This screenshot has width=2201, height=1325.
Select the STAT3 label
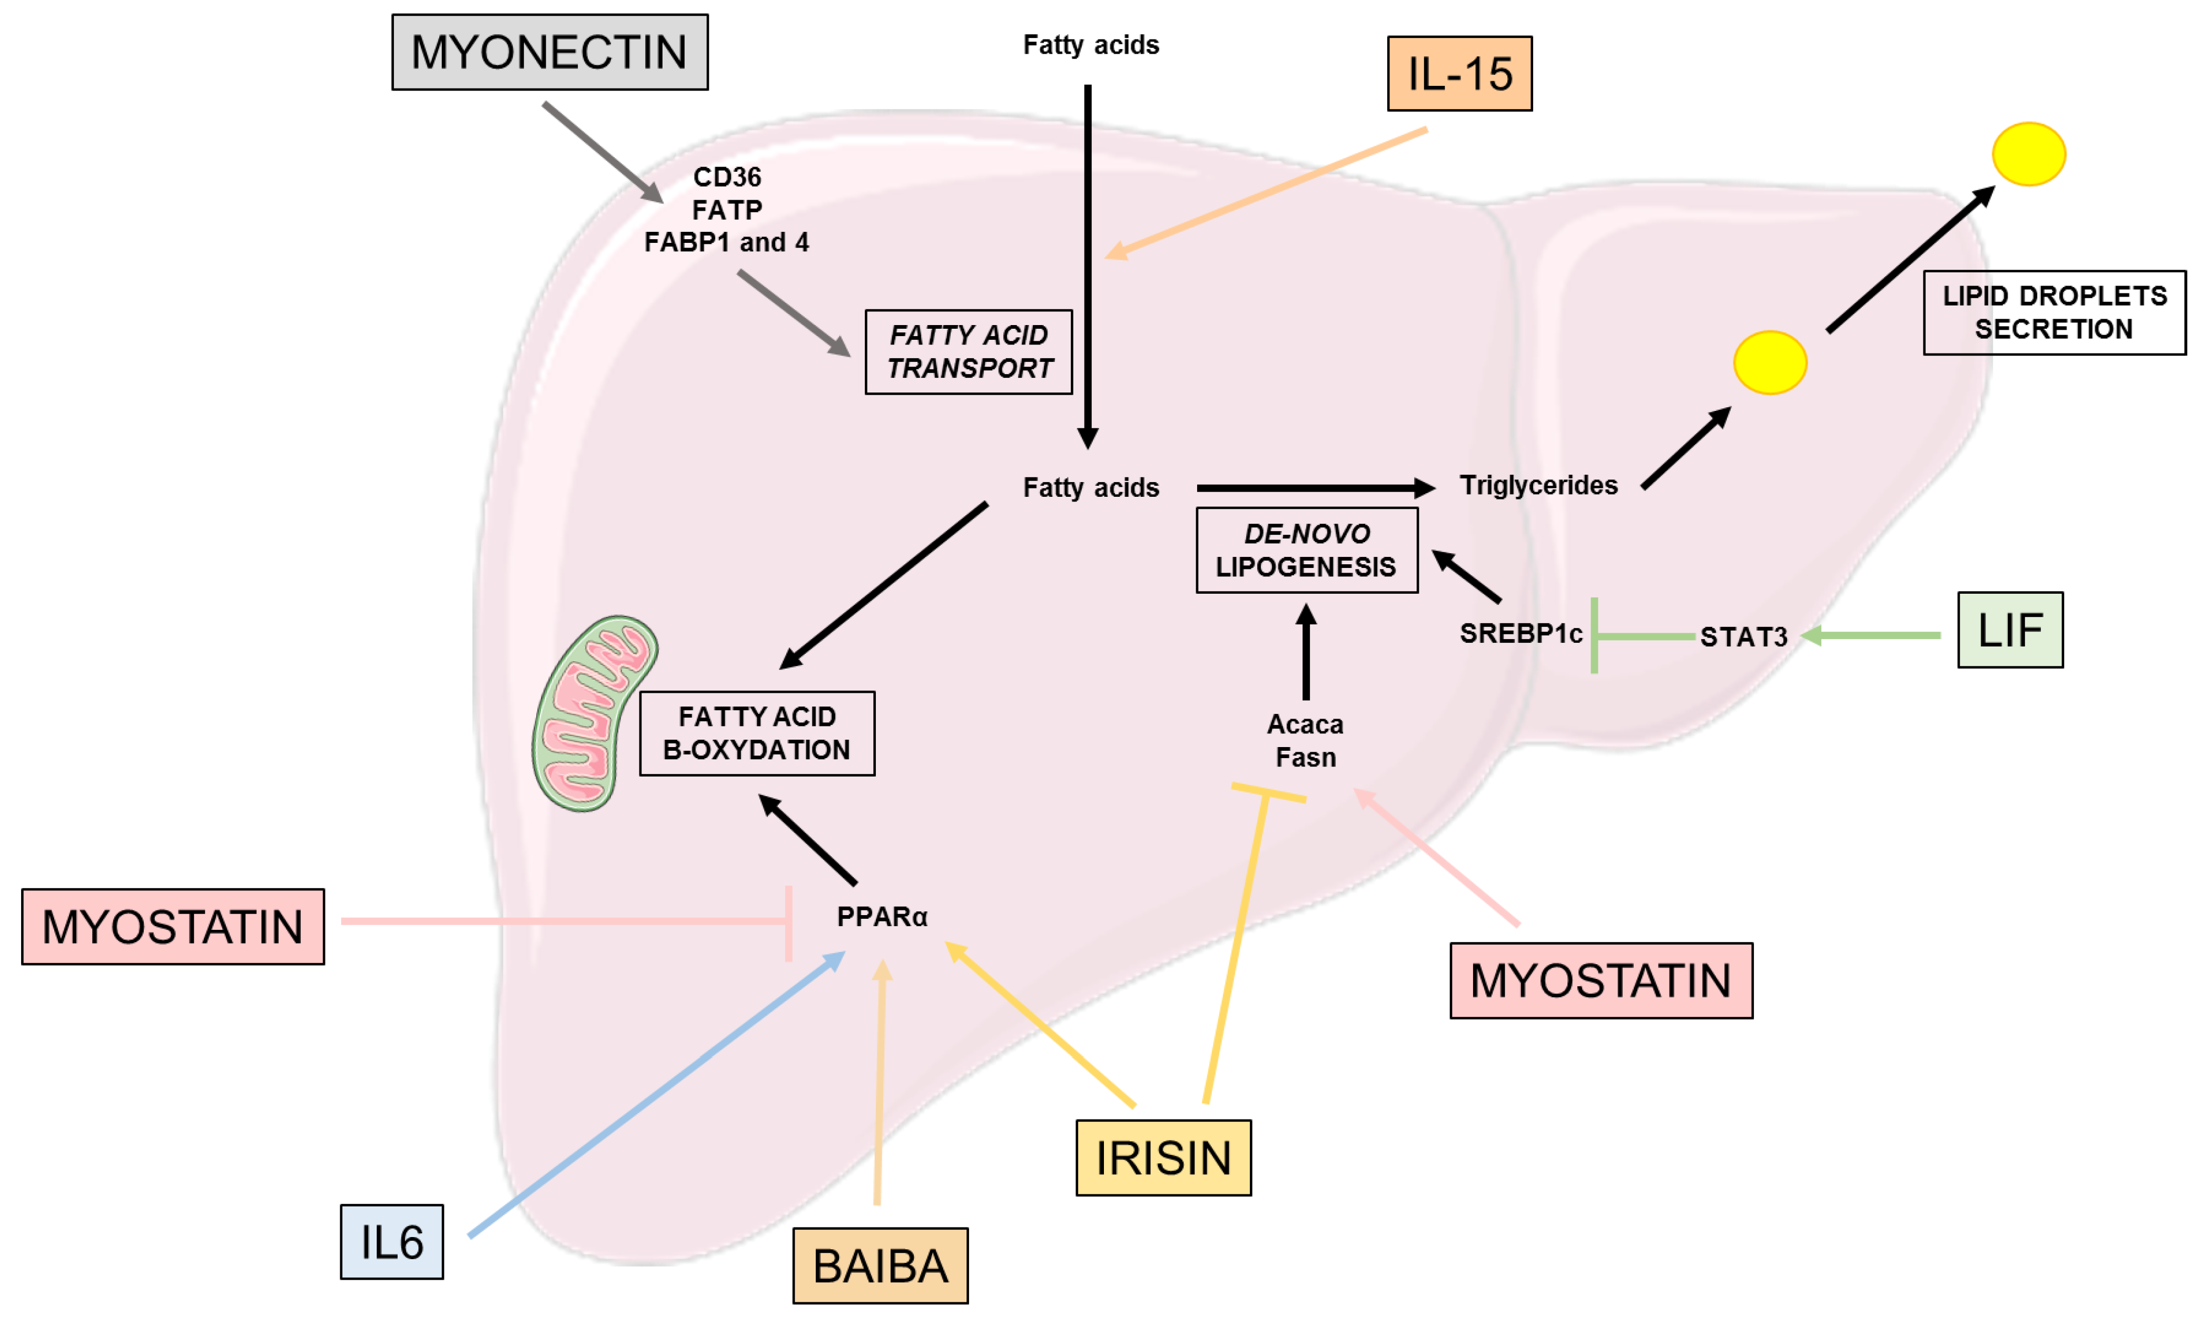click(x=1742, y=636)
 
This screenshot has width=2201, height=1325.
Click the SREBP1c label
click(x=1520, y=633)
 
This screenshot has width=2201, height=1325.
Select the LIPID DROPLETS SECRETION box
click(x=2053, y=312)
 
